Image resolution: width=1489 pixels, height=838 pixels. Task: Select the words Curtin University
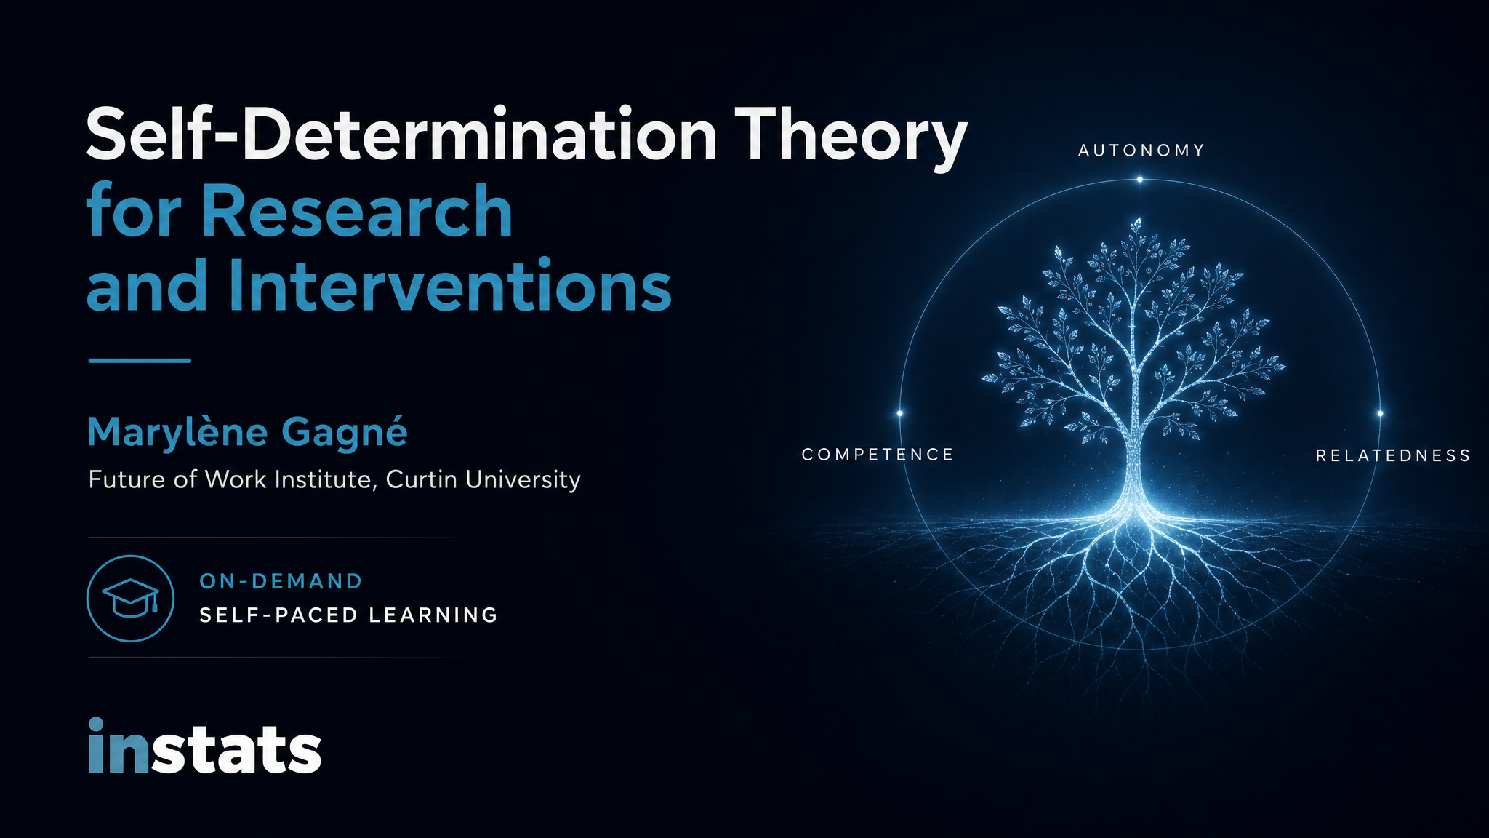[483, 480]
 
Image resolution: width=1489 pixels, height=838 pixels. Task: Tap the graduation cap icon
[131, 598]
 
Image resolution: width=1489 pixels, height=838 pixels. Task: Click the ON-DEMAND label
[281, 581]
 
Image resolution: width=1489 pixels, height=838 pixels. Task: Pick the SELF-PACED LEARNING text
[348, 615]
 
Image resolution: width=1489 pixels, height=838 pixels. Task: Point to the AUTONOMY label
[1141, 151]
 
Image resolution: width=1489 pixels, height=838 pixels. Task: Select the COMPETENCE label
[878, 455]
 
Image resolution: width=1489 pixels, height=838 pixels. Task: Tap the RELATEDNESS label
[1393, 455]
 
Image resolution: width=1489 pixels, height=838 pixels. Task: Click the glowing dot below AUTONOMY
[1139, 180]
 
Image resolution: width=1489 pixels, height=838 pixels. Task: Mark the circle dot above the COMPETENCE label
[899, 413]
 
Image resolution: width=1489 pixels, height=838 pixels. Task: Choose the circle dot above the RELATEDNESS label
[1380, 413]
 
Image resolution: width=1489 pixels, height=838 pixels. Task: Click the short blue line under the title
[140, 360]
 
